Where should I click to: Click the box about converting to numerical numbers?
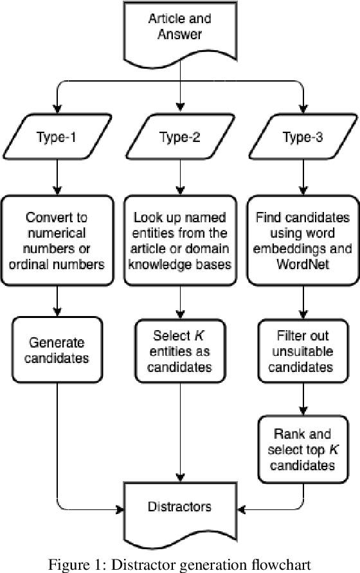58,240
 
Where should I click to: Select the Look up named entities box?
180,240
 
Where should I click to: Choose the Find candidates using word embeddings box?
301,240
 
